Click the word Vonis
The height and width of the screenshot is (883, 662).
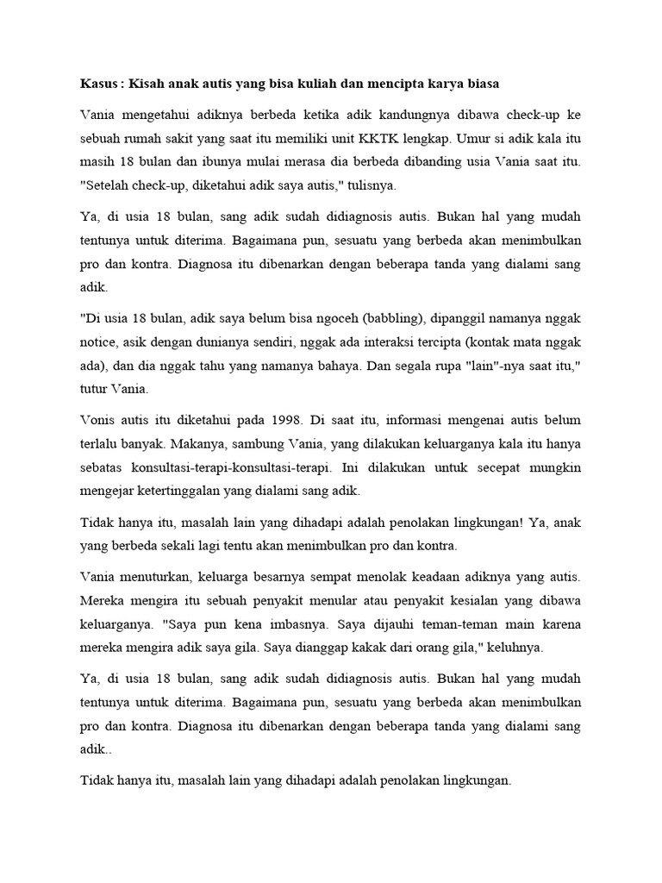[x=97, y=420]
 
